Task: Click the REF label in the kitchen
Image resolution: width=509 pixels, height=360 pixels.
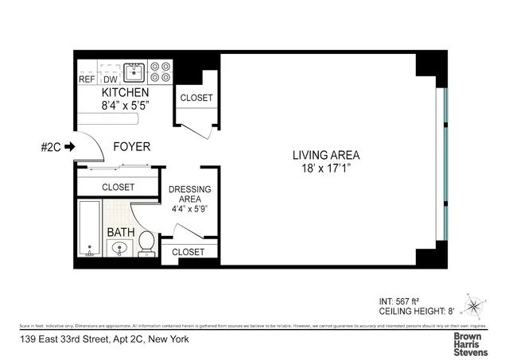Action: click(87, 79)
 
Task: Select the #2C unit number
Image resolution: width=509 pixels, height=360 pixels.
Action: click(50, 146)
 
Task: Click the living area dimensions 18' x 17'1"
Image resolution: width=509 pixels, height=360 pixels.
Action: click(326, 168)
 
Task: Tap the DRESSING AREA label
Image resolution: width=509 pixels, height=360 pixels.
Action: click(190, 195)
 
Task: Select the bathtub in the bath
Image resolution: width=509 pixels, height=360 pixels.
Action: click(90, 229)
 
